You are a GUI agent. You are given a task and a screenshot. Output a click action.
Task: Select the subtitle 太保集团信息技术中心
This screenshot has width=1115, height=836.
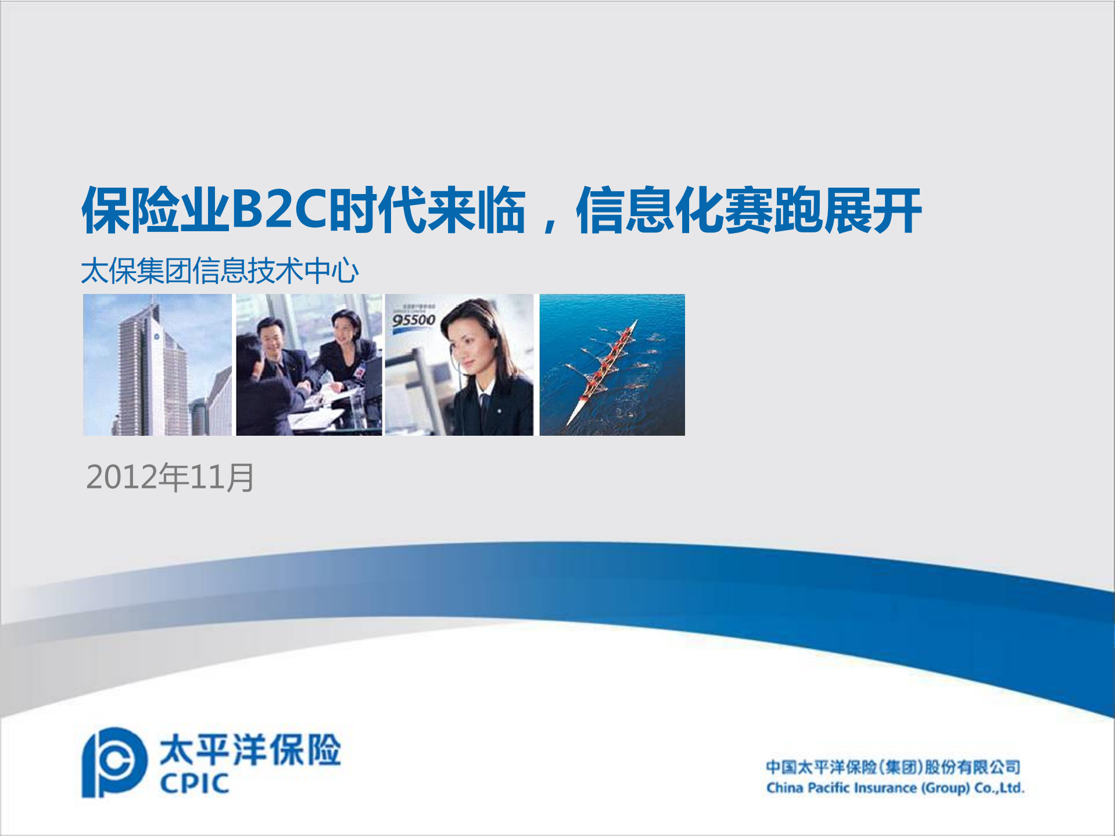(220, 271)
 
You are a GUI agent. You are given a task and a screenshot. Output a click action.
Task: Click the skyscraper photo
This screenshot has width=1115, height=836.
(157, 365)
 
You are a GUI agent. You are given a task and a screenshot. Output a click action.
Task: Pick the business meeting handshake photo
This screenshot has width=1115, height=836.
(309, 365)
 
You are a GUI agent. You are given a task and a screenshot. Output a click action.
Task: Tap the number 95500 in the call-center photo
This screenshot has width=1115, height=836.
(413, 320)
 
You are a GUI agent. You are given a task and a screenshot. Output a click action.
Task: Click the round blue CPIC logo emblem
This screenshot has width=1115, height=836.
(113, 762)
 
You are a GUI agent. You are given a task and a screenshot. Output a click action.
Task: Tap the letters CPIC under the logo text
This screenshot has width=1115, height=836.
(194, 784)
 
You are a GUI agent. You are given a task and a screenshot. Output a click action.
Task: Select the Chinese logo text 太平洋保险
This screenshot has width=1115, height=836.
(250, 749)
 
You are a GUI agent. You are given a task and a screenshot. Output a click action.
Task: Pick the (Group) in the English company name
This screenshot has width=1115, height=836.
(945, 788)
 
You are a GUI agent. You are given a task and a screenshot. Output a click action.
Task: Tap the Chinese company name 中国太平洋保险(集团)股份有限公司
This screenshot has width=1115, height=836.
(892, 767)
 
